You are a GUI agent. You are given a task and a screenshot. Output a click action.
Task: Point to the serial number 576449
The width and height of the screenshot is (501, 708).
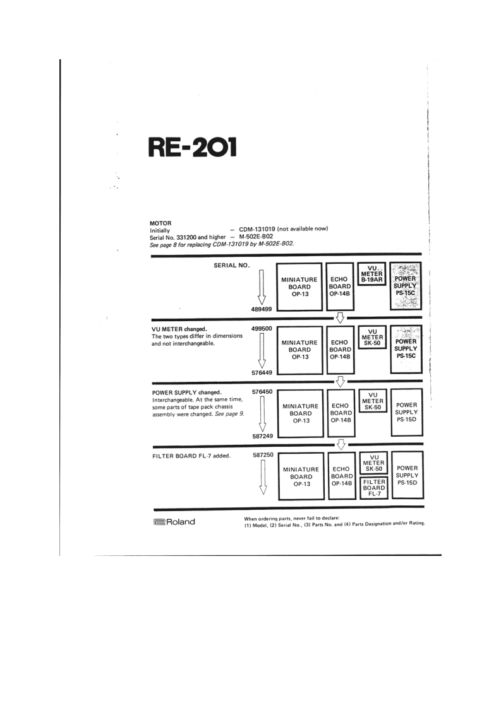pos(262,372)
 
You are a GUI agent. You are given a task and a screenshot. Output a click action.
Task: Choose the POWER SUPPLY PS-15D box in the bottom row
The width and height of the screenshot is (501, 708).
pos(406,475)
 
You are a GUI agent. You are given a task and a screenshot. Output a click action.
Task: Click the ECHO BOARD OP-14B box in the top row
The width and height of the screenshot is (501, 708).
pos(341,286)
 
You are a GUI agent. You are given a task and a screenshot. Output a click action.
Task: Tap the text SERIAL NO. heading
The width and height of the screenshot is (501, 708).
pos(232,265)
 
